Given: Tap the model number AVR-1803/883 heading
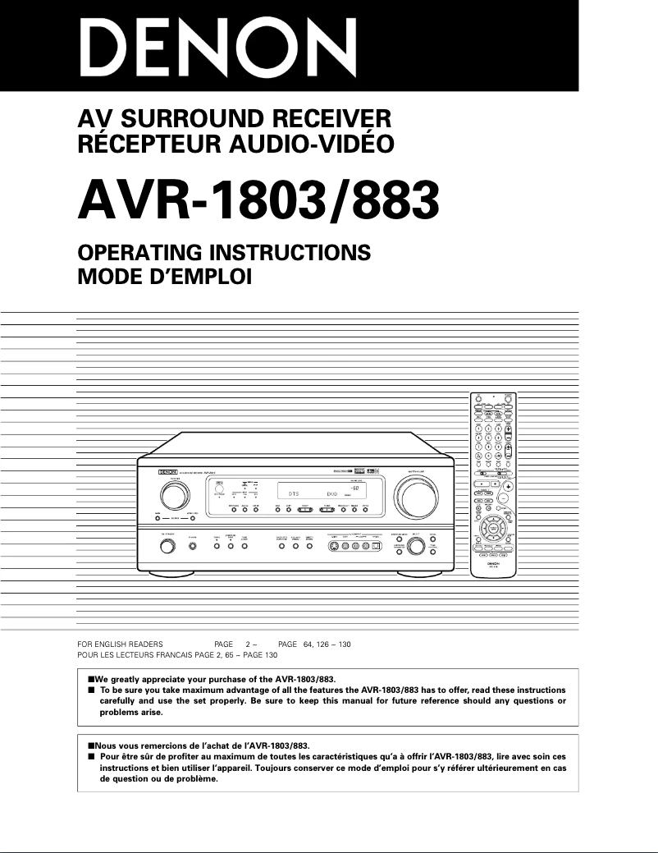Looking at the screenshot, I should tap(258, 199).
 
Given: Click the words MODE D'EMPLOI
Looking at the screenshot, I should tap(164, 277).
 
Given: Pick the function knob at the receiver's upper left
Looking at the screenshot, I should tap(175, 495).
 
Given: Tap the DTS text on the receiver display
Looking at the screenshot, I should tap(293, 493).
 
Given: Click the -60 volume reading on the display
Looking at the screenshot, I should tap(365, 488).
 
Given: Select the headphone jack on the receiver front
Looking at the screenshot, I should tap(192, 547).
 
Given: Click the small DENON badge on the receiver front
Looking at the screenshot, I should tap(168, 472).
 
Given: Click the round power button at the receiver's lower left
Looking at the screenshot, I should tap(167, 548).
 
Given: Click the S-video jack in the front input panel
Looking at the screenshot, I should tap(335, 547).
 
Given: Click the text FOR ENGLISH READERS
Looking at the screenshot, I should tap(120, 644).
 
